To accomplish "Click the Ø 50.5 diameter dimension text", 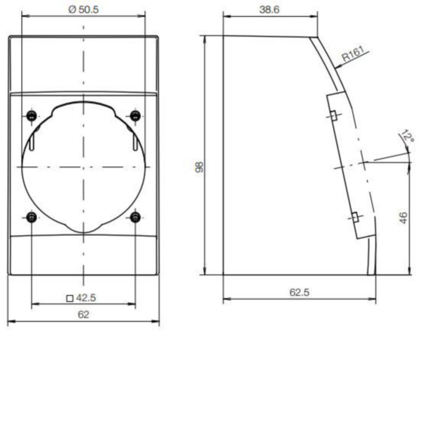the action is coord(83,10).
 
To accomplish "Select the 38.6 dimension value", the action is coord(269,10).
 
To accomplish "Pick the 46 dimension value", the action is coord(403,218).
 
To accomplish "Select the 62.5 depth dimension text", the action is coord(299,293).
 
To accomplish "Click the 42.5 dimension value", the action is coord(86,298).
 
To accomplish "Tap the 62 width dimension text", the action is coord(83,315).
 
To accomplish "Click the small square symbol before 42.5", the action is coord(70,299).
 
